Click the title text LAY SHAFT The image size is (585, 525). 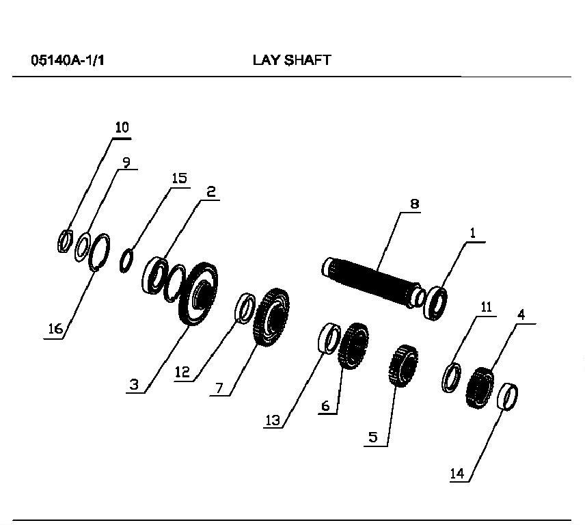(x=292, y=60)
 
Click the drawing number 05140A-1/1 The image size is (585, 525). (x=68, y=60)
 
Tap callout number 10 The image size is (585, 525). (x=122, y=128)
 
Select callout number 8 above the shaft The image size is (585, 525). (x=415, y=204)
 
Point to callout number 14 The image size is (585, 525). (x=457, y=474)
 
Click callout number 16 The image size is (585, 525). (x=55, y=329)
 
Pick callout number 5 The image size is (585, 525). (x=373, y=437)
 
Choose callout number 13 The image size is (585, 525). (x=273, y=420)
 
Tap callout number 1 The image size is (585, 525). (x=473, y=233)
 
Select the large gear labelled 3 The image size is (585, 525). (x=198, y=294)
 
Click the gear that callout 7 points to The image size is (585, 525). (x=271, y=318)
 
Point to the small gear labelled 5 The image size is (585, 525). (x=403, y=366)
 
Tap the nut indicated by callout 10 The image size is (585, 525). (x=64, y=241)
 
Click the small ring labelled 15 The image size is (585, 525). (x=126, y=260)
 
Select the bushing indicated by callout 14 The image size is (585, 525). (x=508, y=396)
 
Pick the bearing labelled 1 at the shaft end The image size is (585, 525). (x=435, y=304)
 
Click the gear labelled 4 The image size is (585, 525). (x=480, y=388)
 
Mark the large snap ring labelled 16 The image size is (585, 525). (x=100, y=253)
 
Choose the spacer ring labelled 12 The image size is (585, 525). (x=245, y=308)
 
